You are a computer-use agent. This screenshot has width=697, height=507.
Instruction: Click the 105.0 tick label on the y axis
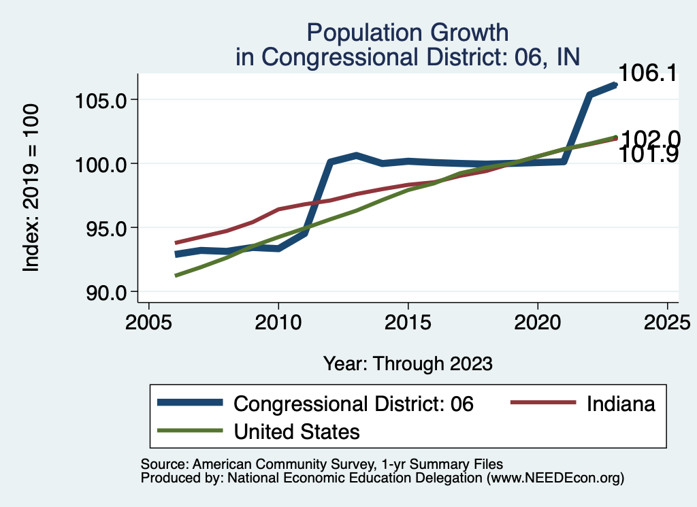[x=101, y=99]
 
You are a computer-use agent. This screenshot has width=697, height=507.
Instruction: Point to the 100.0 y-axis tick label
[x=101, y=163]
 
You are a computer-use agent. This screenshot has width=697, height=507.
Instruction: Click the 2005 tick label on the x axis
[x=148, y=321]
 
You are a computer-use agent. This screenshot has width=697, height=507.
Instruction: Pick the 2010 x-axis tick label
[x=278, y=321]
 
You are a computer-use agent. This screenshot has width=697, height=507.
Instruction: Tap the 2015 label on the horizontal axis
[x=408, y=321]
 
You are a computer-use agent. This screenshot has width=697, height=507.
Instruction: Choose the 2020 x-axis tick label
[x=538, y=321]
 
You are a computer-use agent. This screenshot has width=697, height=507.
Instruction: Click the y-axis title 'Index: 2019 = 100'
[x=31, y=189]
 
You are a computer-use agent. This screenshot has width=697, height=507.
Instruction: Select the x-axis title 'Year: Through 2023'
[x=408, y=363]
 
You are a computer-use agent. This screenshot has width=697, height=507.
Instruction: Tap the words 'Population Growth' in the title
[x=408, y=32]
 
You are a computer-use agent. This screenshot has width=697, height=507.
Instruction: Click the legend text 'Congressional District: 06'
[x=353, y=404]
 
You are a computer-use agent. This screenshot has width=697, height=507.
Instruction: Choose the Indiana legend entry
[x=620, y=404]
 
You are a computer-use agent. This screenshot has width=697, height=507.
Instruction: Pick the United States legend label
[x=297, y=431]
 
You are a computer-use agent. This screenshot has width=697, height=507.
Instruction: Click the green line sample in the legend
[x=190, y=431]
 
